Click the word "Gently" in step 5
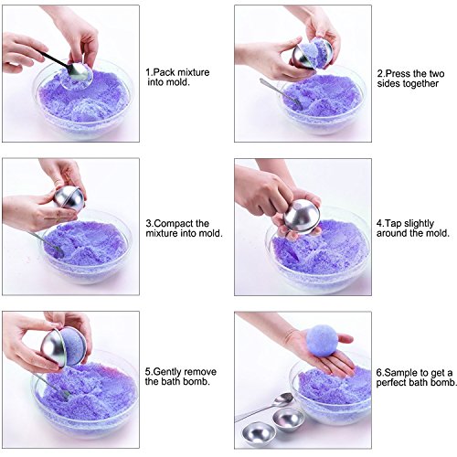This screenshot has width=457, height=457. (x=167, y=372)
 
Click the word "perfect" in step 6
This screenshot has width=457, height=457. (x=391, y=383)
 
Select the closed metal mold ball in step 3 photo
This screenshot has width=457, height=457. (x=69, y=198)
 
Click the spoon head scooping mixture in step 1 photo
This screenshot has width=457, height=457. (x=78, y=72)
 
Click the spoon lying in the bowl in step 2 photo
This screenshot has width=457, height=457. (x=281, y=93)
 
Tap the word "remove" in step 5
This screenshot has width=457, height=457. (x=200, y=372)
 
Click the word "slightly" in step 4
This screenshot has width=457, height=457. (x=419, y=224)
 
